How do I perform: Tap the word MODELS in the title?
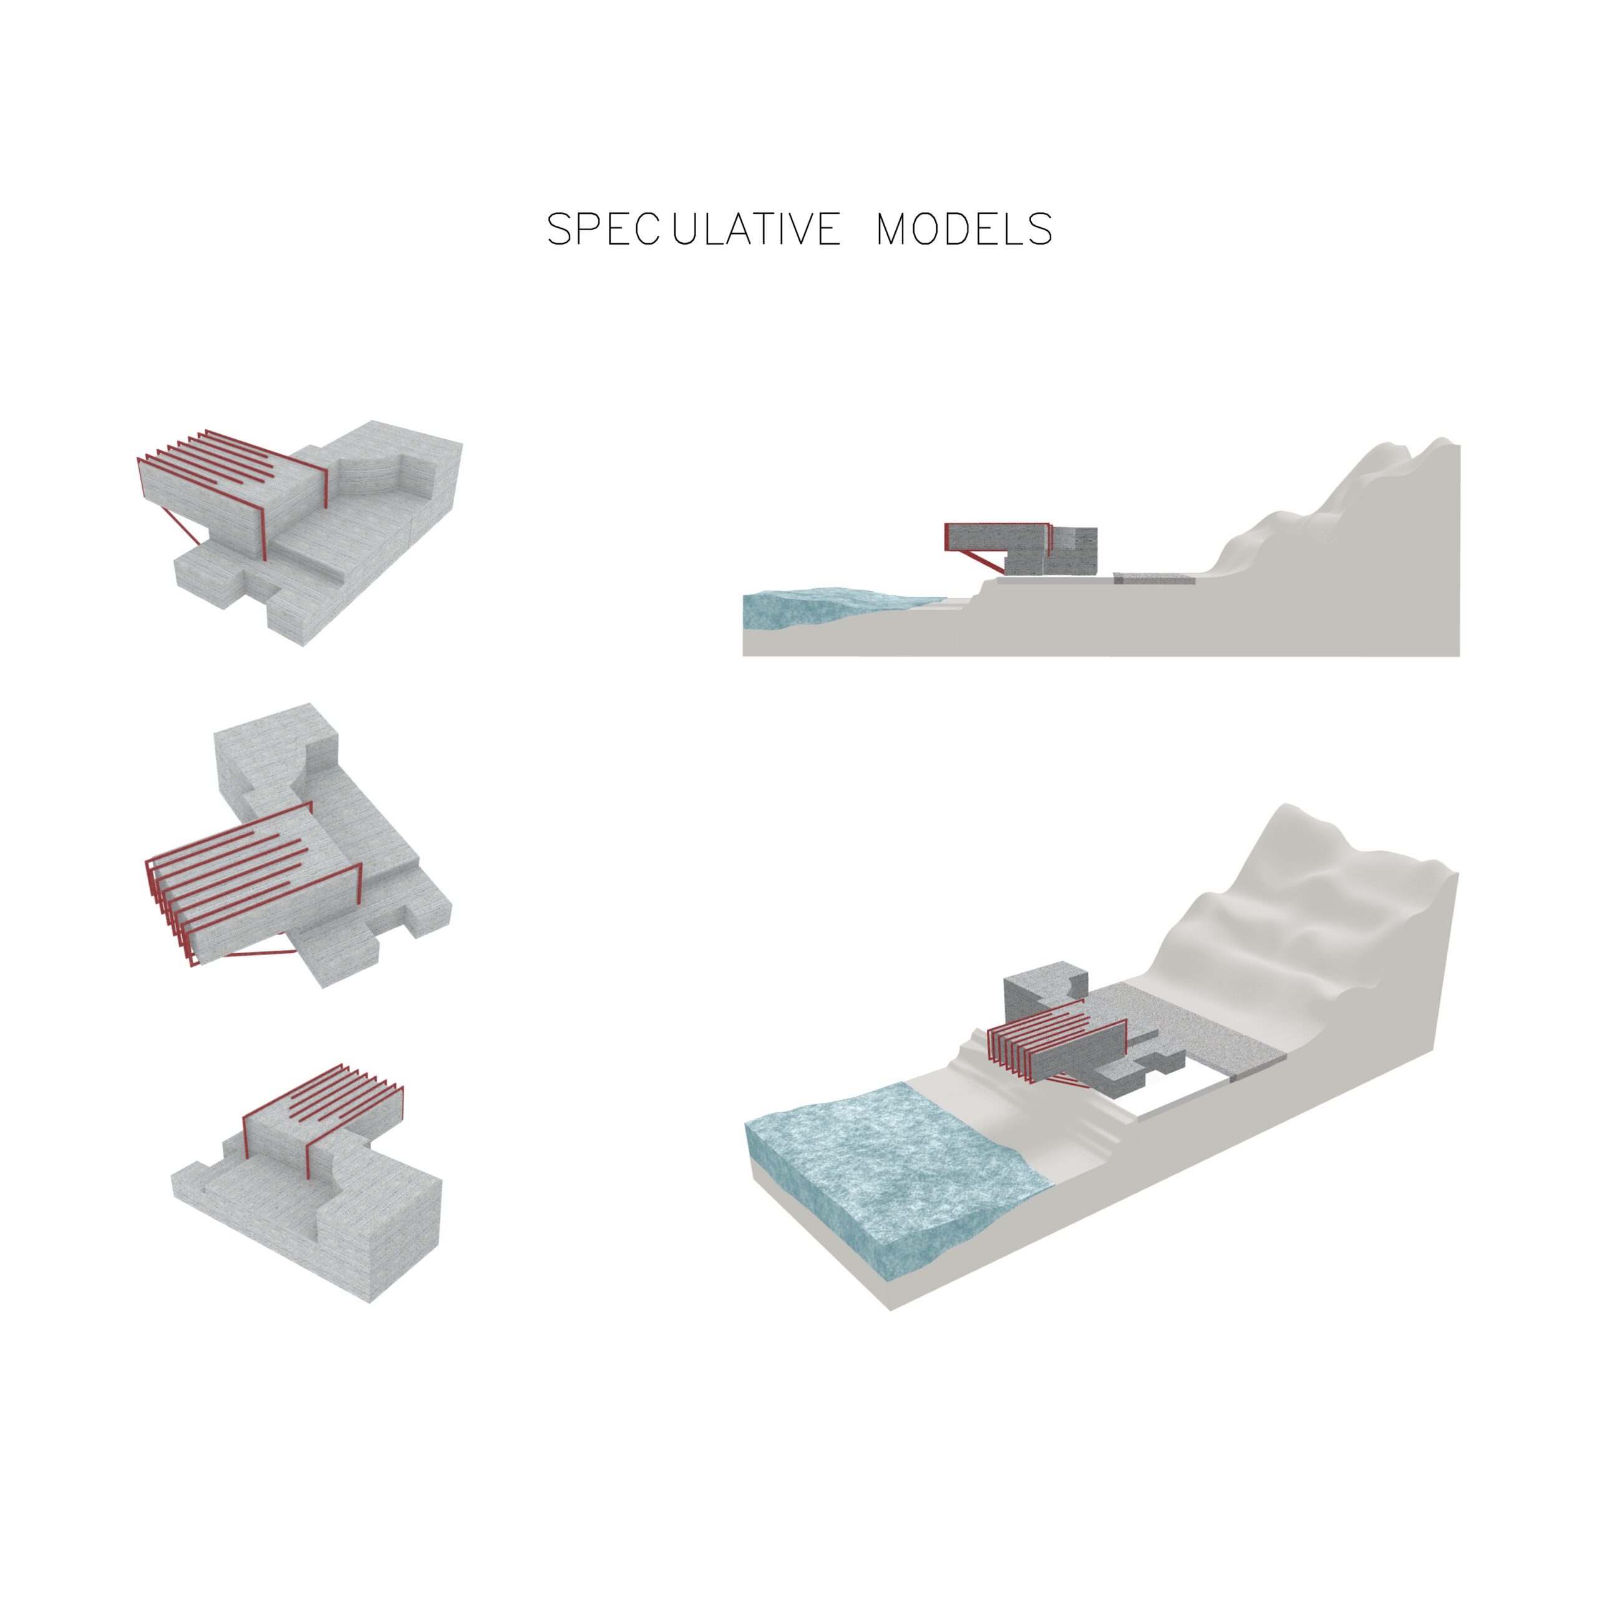click(x=964, y=229)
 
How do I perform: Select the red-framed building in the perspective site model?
click(x=1066, y=1046)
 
